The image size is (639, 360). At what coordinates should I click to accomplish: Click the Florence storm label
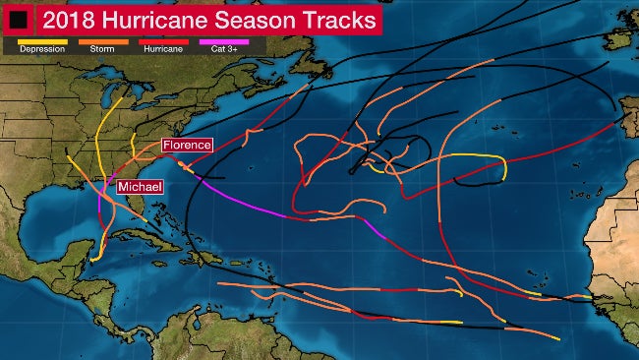coord(187,146)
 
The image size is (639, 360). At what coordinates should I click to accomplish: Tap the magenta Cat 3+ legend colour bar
coord(225,40)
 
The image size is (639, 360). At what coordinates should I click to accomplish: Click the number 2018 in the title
coord(60,19)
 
